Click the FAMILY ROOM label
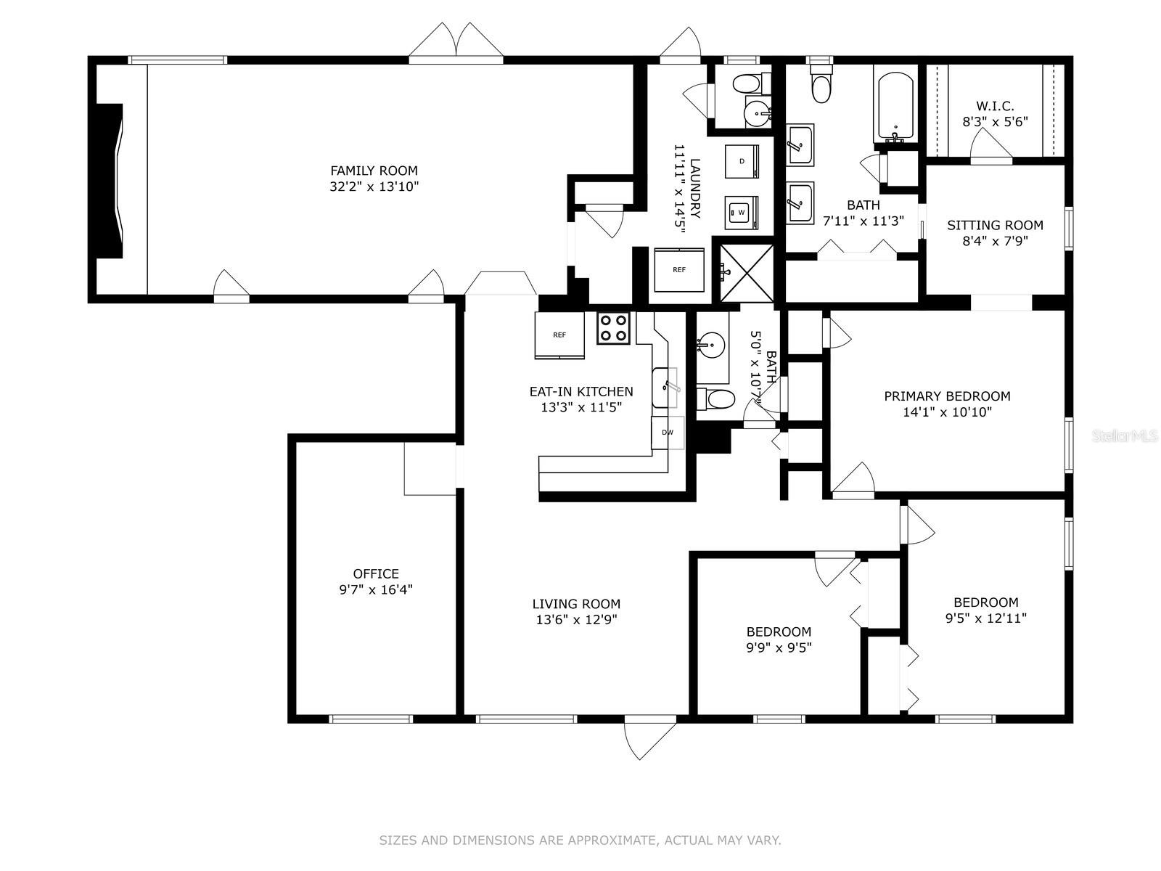374,171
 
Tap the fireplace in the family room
110,181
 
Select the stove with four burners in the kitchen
614,328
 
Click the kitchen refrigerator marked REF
559,335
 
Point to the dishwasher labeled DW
668,432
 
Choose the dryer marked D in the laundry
742,161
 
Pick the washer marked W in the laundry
742,213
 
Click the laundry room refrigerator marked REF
679,270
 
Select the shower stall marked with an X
747,274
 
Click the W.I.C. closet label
995,106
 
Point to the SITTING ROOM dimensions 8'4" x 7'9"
995,241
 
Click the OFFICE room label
376,573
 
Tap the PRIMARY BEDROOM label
948,396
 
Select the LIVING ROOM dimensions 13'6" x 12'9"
577,619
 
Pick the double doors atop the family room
456,41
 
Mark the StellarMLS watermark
1125,436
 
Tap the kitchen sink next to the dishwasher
665,388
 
